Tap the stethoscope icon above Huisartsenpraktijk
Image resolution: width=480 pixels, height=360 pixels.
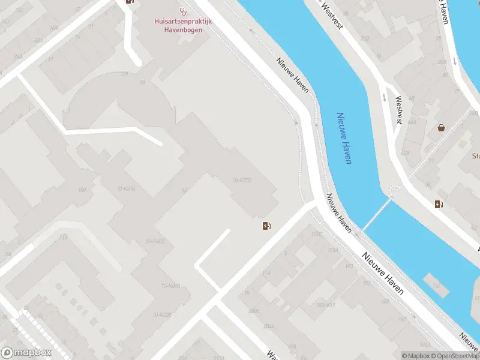point(183,11)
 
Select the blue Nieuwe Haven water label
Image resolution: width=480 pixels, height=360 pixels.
point(344,138)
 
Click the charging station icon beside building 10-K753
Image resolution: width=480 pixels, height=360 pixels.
point(266,226)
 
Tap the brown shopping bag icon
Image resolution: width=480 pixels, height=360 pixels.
point(442,127)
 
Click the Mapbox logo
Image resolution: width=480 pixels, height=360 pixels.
point(26,353)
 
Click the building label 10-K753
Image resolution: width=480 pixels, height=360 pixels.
point(241,180)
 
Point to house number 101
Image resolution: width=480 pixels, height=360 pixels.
point(125,74)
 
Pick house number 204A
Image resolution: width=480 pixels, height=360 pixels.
point(269,326)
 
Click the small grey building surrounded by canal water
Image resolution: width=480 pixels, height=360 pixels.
point(436,284)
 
